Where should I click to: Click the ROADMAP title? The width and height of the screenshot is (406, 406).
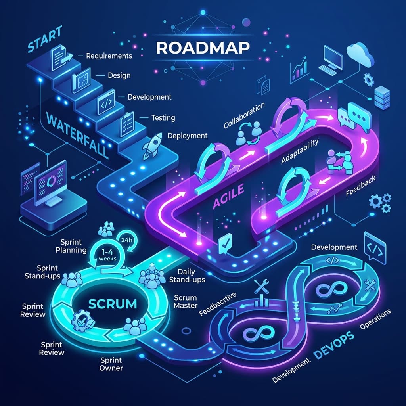coord(203,48)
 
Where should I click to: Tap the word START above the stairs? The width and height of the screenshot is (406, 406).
coord(45,39)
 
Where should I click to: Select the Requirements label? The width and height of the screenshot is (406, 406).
coord(109,56)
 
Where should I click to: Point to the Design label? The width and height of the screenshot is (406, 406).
coord(119,75)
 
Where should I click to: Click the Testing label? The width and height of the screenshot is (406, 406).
coord(163,118)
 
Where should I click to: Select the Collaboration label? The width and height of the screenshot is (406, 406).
coord(244,115)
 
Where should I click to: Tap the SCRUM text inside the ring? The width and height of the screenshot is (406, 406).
coord(113,304)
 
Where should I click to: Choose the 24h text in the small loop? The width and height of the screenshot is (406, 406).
coord(126,240)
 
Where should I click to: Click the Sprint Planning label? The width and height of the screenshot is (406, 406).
coord(71,246)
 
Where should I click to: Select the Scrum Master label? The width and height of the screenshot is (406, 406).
coord(186,302)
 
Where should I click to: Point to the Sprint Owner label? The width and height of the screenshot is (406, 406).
coord(111,364)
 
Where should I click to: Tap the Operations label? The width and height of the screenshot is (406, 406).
coord(375,319)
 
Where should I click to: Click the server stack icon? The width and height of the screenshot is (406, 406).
coord(382,97)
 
